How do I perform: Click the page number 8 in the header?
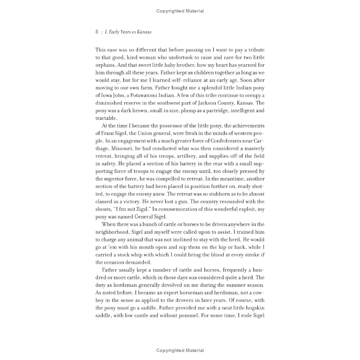click(x=97, y=32)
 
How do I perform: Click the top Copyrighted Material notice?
click(x=180, y=11)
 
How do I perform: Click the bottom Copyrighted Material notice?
click(x=180, y=350)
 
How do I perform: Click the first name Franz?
click(x=103, y=133)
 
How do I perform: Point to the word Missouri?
click(x=127, y=148)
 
